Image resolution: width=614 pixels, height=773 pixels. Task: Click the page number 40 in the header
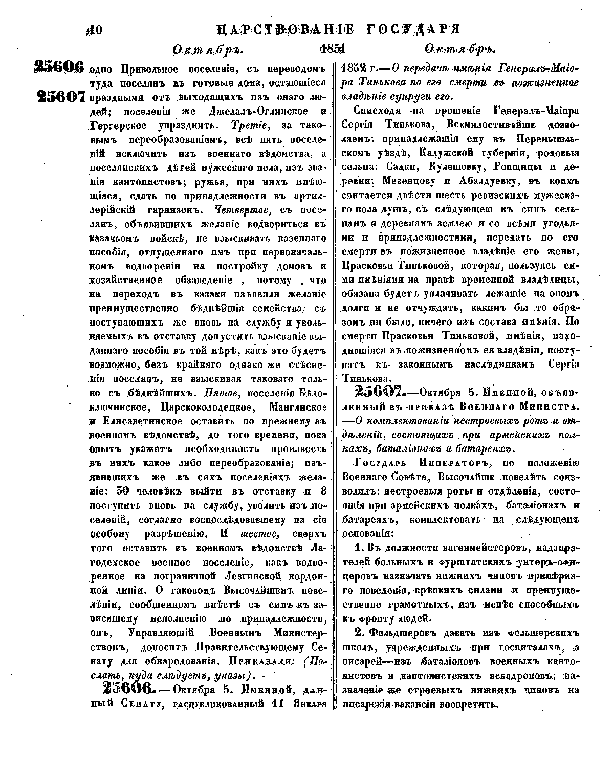[95, 30]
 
